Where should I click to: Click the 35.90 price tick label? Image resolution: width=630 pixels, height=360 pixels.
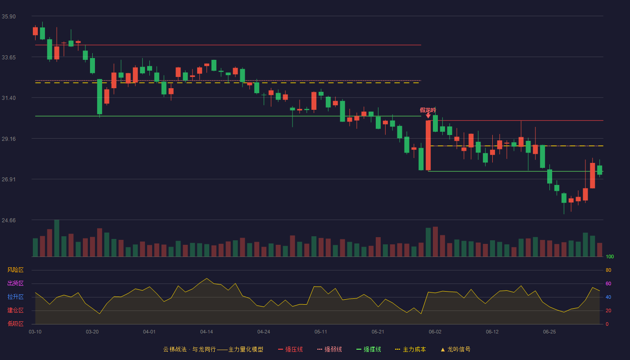[x=9, y=17]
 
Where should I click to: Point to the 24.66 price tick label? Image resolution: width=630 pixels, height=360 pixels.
[x=9, y=220]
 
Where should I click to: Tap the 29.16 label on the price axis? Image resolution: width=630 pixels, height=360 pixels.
[x=9, y=139]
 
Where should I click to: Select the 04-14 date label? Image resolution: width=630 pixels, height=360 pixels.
[x=207, y=332]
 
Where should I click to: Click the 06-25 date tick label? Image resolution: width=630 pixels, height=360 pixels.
[x=549, y=332]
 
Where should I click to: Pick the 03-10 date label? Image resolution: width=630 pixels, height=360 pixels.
[x=35, y=332]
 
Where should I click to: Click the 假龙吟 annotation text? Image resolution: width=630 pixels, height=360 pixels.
[x=428, y=110]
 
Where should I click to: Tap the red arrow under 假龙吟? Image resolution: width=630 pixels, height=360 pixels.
[x=428, y=116]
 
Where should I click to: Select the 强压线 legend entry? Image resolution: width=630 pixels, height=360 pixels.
[x=290, y=349]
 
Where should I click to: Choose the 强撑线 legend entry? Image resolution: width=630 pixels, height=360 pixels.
[x=369, y=349]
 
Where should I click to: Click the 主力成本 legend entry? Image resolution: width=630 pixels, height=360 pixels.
[x=410, y=349]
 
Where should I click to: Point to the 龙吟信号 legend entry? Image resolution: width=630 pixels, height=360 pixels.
[x=455, y=349]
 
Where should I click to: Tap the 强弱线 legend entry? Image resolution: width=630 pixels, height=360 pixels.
[x=329, y=349]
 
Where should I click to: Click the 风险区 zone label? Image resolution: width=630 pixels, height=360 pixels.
[x=15, y=270]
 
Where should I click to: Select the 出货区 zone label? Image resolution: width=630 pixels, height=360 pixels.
[x=15, y=283]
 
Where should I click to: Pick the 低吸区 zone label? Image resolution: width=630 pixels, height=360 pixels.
[x=15, y=324]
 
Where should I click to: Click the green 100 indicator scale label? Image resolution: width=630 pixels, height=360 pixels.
[x=610, y=256]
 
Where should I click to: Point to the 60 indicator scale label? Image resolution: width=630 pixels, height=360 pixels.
[x=608, y=283]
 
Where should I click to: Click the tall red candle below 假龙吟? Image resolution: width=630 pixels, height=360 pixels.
[x=428, y=145]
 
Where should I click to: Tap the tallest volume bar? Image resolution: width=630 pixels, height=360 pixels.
[x=57, y=238]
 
